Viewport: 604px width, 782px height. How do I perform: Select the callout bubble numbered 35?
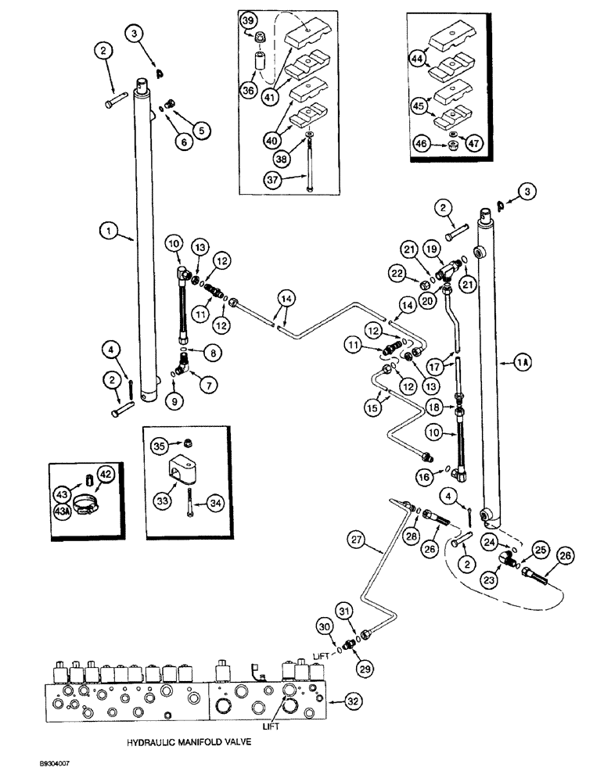(160, 447)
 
